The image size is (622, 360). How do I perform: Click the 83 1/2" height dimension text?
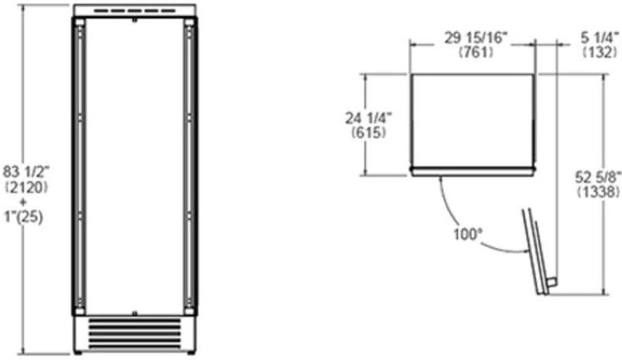[x=26, y=172]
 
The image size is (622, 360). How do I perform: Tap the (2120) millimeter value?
[x=26, y=188]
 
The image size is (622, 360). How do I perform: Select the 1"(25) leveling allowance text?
[x=24, y=217]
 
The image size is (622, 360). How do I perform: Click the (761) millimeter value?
[x=476, y=52]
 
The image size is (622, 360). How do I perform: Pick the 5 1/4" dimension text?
[x=600, y=37]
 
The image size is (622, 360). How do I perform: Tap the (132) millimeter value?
[x=600, y=52]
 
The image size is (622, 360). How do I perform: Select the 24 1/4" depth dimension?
[x=368, y=118]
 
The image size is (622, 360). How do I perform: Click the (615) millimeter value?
[x=369, y=132]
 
